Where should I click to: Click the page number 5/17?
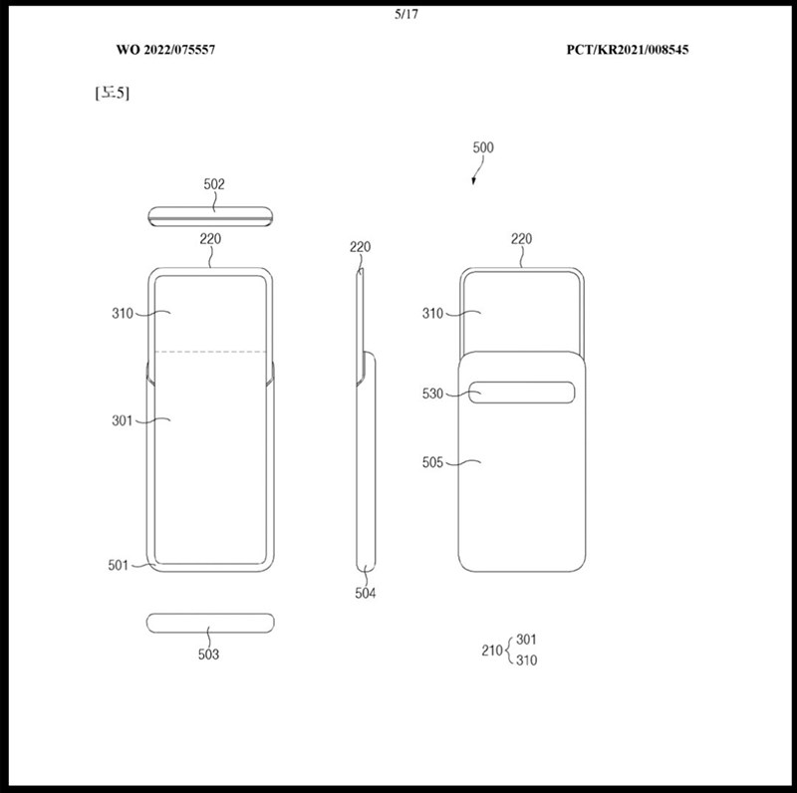point(406,14)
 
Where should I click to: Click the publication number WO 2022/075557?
point(165,49)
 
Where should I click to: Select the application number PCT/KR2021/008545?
point(628,49)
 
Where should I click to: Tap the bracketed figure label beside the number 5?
point(113,93)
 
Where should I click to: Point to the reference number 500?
point(483,147)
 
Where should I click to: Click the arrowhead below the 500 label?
point(474,180)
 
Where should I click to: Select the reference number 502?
point(214,184)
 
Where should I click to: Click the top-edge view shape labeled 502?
point(210,216)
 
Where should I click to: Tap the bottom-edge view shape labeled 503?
point(210,624)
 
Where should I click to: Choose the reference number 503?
point(208,655)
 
